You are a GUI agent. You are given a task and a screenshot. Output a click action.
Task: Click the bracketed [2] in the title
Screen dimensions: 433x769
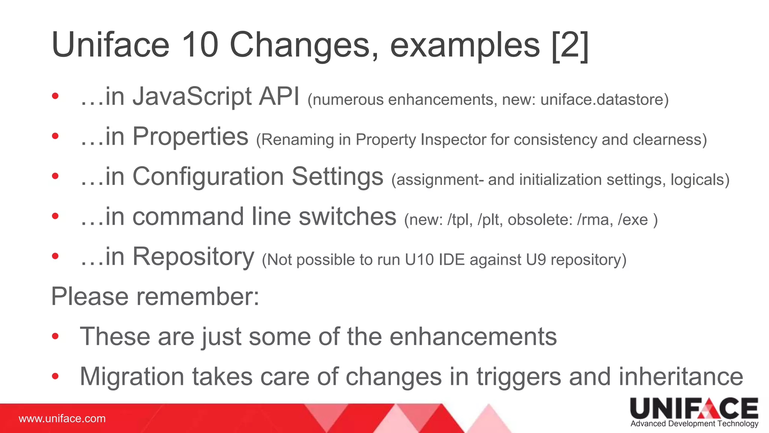[570, 46]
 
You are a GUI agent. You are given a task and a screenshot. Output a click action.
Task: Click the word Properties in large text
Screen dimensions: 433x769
[190, 137]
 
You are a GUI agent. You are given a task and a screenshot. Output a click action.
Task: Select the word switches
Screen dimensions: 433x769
[347, 217]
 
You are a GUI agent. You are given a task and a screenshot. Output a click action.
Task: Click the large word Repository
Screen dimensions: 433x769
[193, 257]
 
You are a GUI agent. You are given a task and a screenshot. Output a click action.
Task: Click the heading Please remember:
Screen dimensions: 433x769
[155, 297]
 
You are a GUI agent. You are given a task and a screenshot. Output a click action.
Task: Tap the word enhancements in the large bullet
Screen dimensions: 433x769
[473, 336]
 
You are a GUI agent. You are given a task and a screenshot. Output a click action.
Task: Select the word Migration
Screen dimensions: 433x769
[132, 377]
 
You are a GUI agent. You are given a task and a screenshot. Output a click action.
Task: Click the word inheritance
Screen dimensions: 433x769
[680, 377]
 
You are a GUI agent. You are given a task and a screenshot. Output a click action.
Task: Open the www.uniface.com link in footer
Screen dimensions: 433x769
[62, 419]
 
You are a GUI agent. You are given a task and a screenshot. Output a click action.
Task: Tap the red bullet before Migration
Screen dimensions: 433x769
[55, 376]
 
